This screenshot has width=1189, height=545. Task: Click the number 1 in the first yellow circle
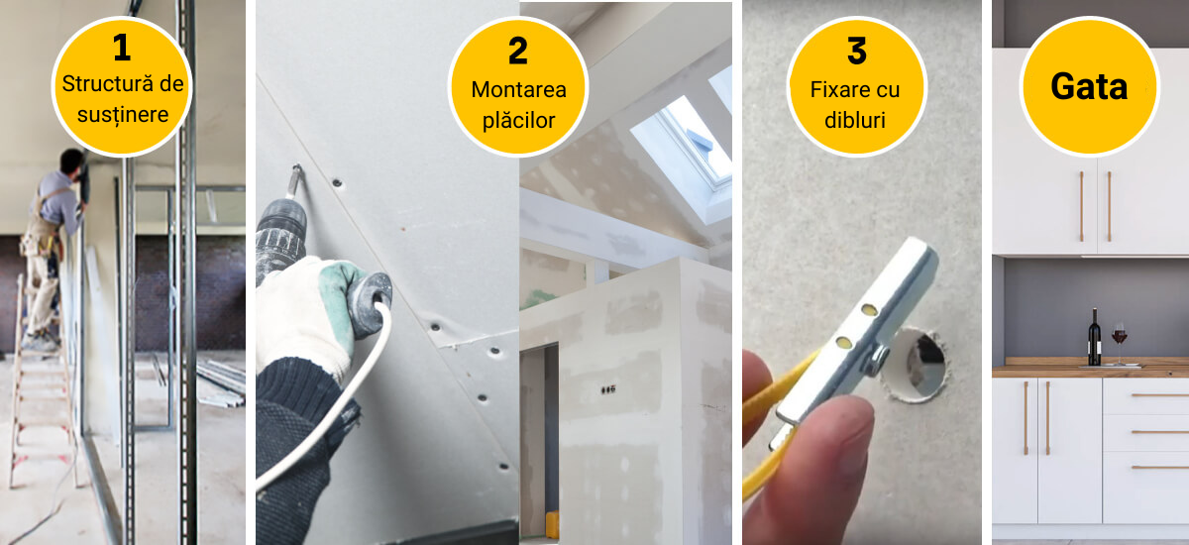(x=122, y=48)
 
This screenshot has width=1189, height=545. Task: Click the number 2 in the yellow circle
(x=518, y=51)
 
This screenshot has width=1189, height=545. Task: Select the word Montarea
(x=518, y=90)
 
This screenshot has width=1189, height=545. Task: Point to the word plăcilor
(x=518, y=121)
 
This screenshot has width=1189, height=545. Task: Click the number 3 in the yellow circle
(x=857, y=51)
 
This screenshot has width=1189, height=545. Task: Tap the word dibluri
(x=854, y=121)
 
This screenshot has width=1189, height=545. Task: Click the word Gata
(x=1089, y=86)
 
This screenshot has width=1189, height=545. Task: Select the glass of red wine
(x=1119, y=343)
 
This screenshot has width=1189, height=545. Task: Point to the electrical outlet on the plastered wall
(x=608, y=390)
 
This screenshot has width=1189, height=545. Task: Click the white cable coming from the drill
(x=340, y=403)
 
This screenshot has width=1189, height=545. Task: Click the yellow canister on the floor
(x=552, y=525)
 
